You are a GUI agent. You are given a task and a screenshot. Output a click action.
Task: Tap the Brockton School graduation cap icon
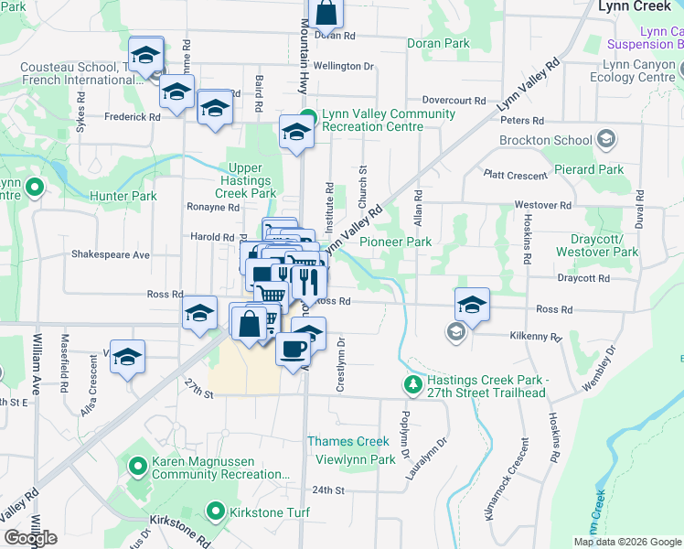pos(604,140)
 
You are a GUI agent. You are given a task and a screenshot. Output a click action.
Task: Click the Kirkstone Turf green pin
pos(216,511)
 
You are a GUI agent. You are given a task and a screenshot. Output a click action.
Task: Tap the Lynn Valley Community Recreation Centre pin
pos(308,118)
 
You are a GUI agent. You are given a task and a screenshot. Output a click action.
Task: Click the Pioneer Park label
pos(395,242)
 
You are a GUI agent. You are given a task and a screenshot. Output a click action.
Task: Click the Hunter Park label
pos(117,196)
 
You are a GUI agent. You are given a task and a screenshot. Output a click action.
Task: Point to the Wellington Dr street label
pos(344,66)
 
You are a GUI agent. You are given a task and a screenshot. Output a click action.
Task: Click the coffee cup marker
pos(293,350)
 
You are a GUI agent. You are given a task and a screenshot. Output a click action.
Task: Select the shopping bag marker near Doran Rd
pos(326,13)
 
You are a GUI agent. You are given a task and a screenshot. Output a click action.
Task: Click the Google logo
pos(30,538)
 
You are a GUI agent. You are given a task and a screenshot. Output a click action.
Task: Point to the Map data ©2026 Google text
pos(627,542)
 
